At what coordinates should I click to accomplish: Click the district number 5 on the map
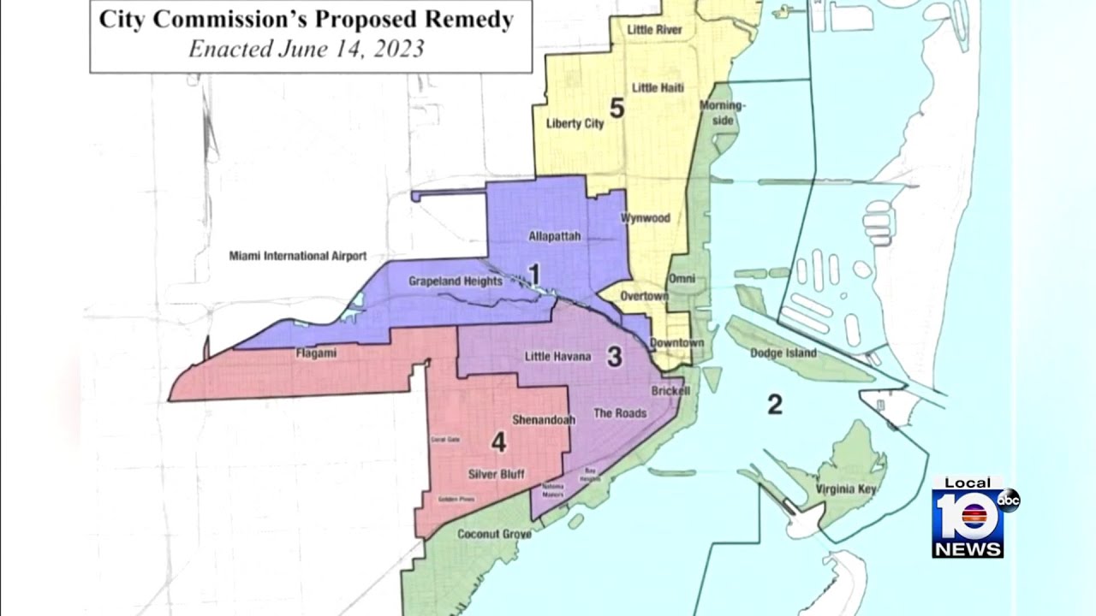616,109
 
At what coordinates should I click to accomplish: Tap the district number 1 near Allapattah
533,274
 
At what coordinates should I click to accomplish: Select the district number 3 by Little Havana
614,357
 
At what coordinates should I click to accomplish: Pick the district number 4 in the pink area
498,442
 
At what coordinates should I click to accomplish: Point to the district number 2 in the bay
774,405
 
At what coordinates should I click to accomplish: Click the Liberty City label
575,123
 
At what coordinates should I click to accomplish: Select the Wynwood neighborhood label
645,218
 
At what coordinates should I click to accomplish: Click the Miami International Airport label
297,256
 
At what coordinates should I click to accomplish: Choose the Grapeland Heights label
455,281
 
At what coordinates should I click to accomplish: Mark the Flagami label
317,353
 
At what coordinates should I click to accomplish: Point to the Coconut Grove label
494,534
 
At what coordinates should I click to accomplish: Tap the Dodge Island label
783,353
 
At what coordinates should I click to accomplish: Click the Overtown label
644,296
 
